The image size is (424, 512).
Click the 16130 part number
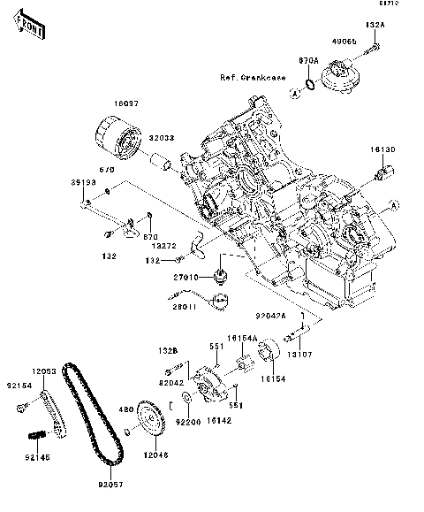point(382,149)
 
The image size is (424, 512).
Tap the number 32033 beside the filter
point(160,139)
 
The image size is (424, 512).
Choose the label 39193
point(84,181)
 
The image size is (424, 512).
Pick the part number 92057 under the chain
point(110,485)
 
